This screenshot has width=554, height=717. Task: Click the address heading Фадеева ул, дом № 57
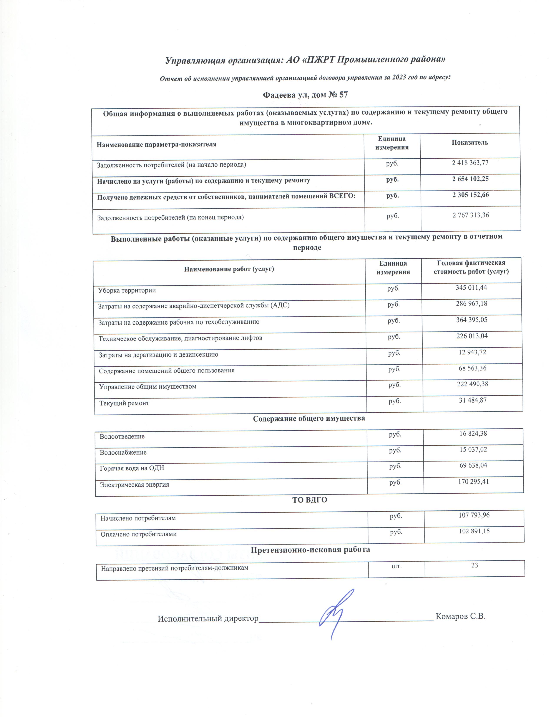click(x=305, y=95)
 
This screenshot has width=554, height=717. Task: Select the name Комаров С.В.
click(x=460, y=616)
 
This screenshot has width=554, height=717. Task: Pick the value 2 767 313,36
click(x=471, y=215)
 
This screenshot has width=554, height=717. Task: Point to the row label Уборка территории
click(x=127, y=290)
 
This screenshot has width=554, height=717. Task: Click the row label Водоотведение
click(x=122, y=437)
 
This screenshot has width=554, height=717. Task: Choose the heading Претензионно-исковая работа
click(x=310, y=549)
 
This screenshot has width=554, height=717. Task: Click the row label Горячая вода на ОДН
click(x=132, y=468)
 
